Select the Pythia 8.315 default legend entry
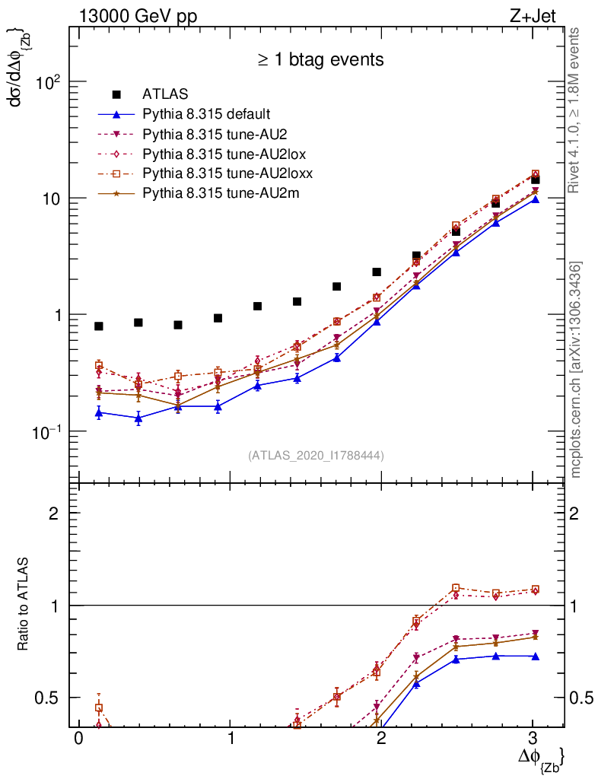pos(205,114)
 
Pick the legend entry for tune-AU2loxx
pos(227,173)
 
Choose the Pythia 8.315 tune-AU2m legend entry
pos(221,193)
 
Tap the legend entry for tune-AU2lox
pos(221,154)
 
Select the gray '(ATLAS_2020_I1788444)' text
pos(316,456)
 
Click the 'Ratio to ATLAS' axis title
pos(24,606)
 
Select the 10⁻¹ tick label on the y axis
pos(43,431)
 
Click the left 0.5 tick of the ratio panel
pos(50,698)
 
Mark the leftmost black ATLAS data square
pos(99,326)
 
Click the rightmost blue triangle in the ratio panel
pos(535,656)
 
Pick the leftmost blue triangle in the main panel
pos(99,412)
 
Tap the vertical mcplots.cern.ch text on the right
pos(576,370)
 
